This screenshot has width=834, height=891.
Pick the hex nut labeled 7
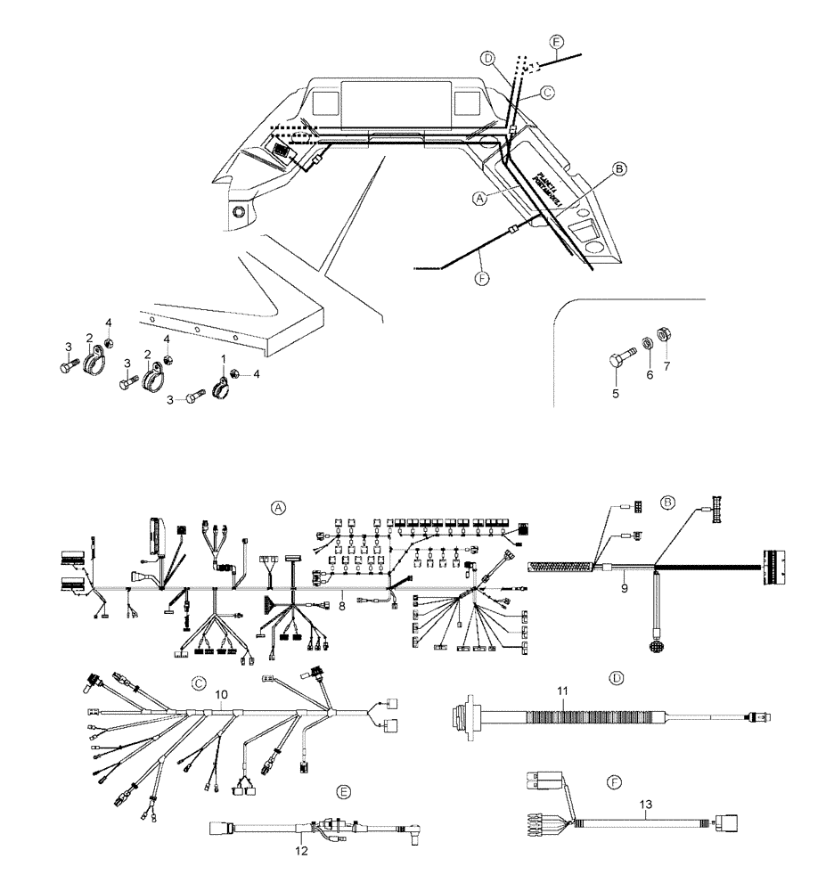[663, 337]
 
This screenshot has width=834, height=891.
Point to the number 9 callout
[625, 588]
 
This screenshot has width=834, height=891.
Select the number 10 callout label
[221, 693]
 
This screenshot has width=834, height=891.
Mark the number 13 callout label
[644, 802]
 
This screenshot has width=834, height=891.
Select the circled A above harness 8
[278, 507]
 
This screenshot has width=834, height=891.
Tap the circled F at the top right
[557, 42]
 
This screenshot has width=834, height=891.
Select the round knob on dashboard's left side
[238, 212]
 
